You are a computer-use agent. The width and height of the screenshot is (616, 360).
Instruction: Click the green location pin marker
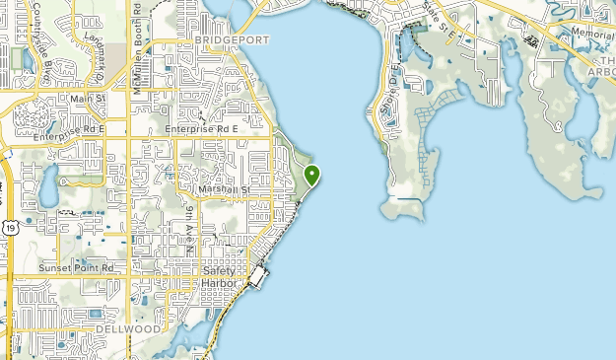(x=312, y=176)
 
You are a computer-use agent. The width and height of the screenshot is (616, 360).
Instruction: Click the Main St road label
(x=88, y=99)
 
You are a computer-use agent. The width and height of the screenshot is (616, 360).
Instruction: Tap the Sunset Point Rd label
(x=77, y=267)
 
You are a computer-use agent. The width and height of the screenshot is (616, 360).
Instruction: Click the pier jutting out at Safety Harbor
(x=259, y=277)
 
